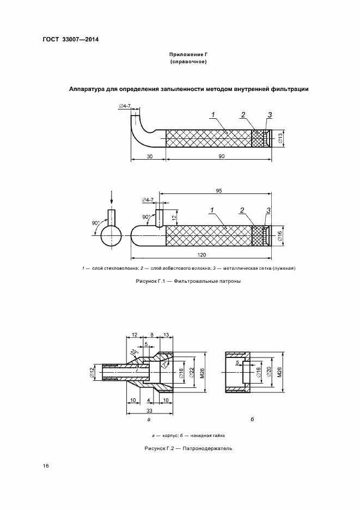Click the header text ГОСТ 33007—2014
(71, 40)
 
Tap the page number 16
(46, 466)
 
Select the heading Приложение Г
(188, 55)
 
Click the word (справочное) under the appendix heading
(188, 62)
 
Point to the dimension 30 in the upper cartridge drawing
(149, 156)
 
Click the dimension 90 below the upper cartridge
(222, 156)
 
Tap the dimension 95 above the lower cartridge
(219, 191)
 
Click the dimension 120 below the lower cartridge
(202, 255)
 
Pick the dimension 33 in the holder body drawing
(149, 411)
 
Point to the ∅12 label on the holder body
(92, 372)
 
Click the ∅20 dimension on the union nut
(269, 372)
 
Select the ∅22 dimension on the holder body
(192, 372)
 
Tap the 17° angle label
(164, 364)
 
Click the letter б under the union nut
(252, 419)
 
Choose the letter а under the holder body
(149, 420)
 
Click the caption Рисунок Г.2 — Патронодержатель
(188, 448)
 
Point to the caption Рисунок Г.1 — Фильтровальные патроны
(188, 281)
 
